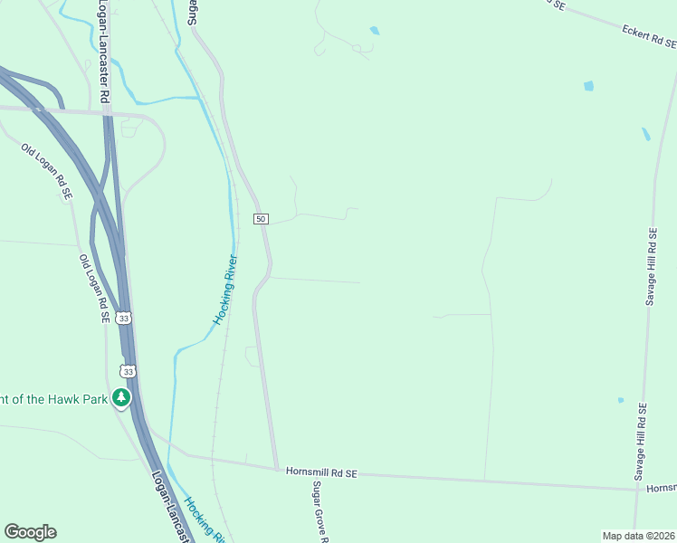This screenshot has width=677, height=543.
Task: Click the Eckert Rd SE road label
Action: point(648,36)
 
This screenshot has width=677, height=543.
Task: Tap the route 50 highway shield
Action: point(261,219)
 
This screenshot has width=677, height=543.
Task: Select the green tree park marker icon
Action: point(121,397)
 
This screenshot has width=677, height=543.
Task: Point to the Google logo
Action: point(30,532)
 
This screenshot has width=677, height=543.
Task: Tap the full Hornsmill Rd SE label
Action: point(322,472)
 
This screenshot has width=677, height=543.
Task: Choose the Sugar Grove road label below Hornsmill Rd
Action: point(319,511)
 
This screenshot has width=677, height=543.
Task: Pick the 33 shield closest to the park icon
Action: point(129,371)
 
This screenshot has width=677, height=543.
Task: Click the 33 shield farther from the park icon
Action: point(124,318)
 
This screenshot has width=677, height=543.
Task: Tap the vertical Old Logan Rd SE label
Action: point(93,288)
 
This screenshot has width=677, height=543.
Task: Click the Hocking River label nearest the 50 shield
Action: point(226,290)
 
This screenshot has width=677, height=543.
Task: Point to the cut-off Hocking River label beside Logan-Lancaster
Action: point(203,519)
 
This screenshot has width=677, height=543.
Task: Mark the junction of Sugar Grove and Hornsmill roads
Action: point(276,469)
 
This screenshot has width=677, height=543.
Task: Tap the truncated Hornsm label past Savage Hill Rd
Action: point(662,488)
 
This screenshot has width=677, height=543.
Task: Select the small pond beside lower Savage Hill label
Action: point(621,400)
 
